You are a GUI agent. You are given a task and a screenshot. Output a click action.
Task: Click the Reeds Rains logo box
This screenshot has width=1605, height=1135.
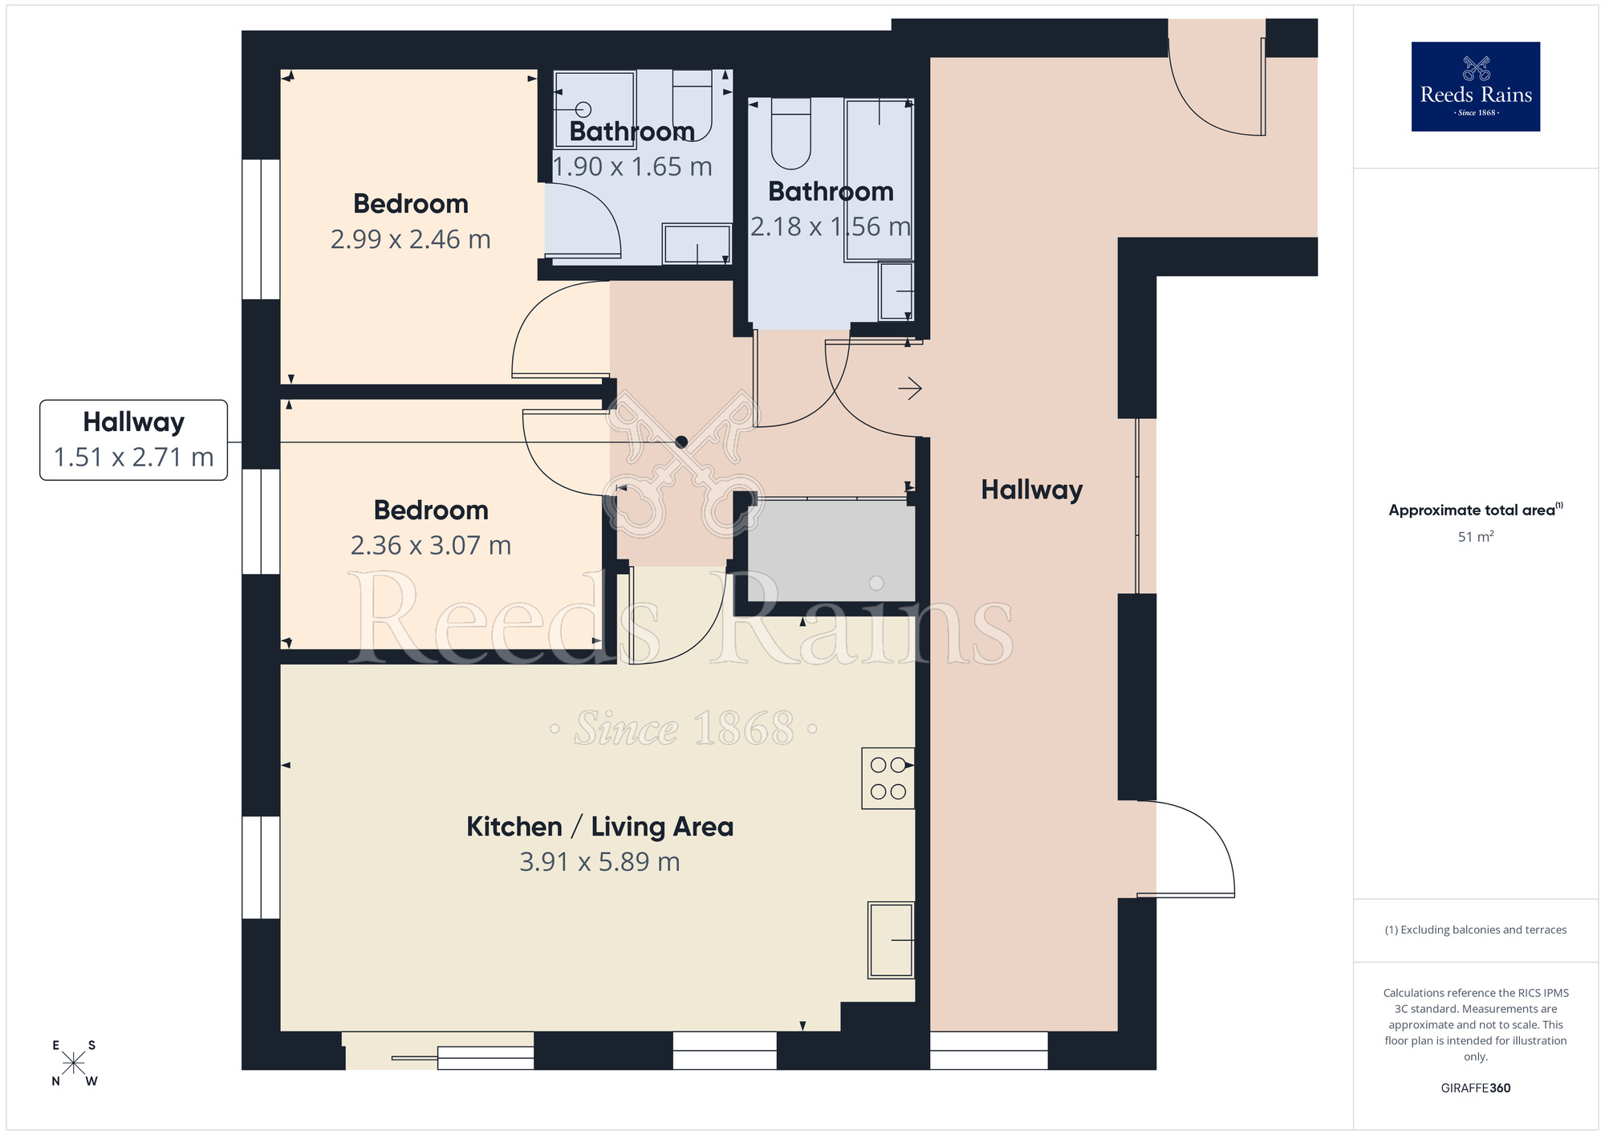(x=1475, y=87)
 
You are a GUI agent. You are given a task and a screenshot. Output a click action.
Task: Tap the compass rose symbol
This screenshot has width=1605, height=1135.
(x=74, y=1064)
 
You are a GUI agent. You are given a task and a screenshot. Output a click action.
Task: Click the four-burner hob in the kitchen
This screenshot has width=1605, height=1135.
(x=888, y=778)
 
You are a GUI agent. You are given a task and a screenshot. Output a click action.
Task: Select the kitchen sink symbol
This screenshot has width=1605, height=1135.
(x=891, y=940)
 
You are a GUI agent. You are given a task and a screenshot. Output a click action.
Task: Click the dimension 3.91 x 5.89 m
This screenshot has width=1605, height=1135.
(x=599, y=862)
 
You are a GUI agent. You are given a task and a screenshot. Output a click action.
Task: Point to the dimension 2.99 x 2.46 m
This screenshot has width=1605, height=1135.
(x=410, y=239)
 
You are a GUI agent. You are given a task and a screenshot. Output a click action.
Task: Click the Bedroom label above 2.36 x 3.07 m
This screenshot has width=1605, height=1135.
(x=431, y=511)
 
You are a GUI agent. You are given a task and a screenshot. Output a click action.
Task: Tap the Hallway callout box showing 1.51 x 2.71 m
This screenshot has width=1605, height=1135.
(x=134, y=440)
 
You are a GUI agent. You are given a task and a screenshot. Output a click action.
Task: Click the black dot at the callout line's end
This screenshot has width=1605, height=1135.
(x=681, y=442)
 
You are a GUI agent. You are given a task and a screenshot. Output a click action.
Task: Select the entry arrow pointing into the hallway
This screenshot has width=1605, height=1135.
(x=909, y=389)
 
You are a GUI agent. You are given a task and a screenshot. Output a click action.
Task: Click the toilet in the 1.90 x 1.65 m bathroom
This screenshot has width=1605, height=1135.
(x=692, y=104)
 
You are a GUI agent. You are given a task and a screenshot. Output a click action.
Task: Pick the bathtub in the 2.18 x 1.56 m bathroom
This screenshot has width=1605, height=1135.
(x=879, y=181)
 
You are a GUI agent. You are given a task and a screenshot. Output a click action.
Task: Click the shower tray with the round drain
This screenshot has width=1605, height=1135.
(x=595, y=109)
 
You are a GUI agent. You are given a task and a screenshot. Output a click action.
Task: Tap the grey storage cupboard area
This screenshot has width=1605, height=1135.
(x=831, y=551)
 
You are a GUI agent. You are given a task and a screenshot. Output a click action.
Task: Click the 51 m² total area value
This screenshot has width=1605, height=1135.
(x=1475, y=537)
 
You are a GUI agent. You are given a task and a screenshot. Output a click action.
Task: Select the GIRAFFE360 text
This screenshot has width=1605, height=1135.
(x=1475, y=1088)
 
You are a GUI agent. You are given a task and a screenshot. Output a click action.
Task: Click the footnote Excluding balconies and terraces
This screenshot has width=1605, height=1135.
(x=1475, y=930)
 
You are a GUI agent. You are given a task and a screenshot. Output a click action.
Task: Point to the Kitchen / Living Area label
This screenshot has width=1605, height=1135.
(x=599, y=827)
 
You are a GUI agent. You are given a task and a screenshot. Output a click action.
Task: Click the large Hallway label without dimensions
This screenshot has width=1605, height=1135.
(x=1031, y=490)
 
